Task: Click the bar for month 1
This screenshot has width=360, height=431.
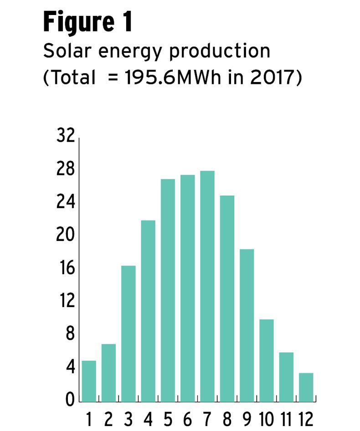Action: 89,381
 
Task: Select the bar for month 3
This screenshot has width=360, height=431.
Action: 129,334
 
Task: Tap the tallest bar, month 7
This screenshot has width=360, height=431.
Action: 207,286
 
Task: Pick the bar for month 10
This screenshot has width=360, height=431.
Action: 267,360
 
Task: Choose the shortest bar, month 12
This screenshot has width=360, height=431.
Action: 306,387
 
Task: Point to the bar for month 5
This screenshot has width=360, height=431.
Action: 168,290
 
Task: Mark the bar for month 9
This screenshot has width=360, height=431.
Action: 247,325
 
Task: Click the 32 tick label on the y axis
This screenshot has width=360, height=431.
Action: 65,136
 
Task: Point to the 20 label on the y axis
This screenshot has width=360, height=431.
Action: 65,236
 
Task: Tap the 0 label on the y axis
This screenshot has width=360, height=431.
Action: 70,401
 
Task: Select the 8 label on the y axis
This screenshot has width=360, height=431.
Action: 70,334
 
